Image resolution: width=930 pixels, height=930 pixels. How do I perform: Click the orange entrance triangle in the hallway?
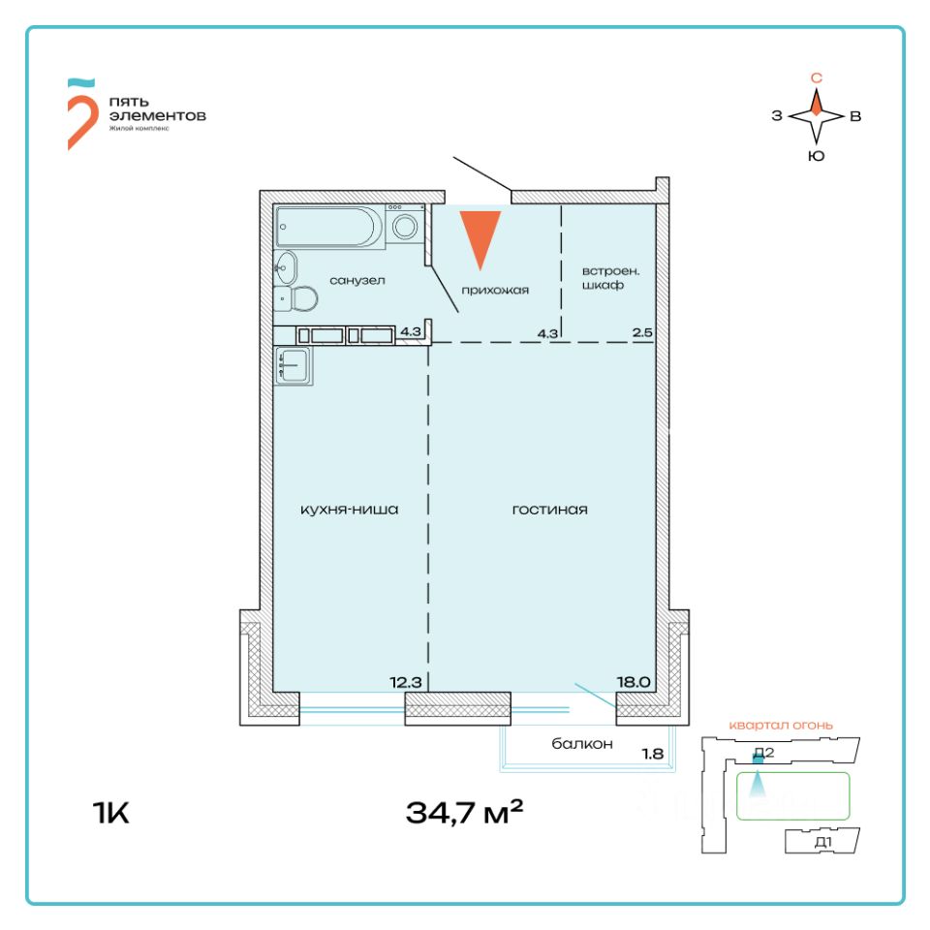480,234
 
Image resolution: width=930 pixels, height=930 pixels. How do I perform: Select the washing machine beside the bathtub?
405,226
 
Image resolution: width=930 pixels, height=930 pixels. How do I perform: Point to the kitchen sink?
293,366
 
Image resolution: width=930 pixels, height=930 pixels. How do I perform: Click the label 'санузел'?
357,281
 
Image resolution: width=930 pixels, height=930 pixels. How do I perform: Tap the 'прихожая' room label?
495,290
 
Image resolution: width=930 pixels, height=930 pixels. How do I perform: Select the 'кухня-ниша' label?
350,510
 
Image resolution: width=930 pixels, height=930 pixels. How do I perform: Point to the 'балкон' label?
583,744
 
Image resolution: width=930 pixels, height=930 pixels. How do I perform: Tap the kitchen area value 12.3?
406,681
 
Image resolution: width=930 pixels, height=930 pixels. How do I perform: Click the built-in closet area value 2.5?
641,334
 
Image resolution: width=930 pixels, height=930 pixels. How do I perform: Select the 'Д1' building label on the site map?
822,843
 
